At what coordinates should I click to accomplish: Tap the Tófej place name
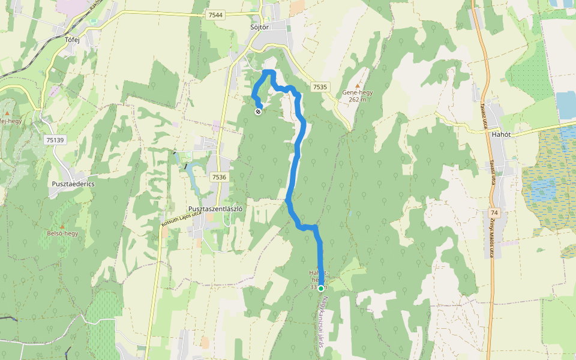tap(72, 40)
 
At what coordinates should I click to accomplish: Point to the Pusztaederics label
tap(73, 184)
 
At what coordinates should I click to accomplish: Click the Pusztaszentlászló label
tap(215, 209)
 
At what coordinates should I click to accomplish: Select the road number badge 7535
tap(320, 87)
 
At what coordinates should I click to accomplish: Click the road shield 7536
tap(219, 177)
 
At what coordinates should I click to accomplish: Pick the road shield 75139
tap(55, 140)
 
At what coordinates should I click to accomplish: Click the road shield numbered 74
tap(494, 213)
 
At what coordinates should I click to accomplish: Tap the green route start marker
tap(321, 289)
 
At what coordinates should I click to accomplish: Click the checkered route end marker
tap(258, 110)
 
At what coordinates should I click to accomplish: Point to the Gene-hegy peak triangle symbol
tap(358, 85)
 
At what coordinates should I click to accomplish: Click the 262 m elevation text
tap(358, 100)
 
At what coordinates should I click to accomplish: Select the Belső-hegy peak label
tap(62, 233)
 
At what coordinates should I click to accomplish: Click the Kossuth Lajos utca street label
tap(181, 219)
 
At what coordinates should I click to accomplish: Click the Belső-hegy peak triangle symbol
tap(62, 225)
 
